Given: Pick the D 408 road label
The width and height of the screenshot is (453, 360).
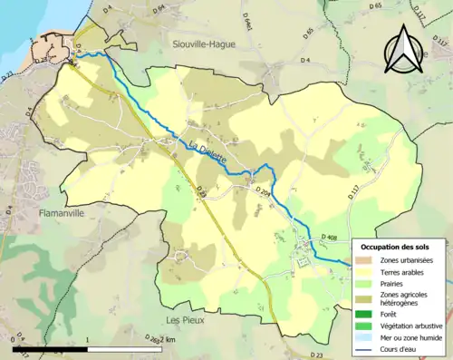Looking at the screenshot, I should click(333, 238).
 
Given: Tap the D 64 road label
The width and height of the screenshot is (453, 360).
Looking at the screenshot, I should click(159, 10).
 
